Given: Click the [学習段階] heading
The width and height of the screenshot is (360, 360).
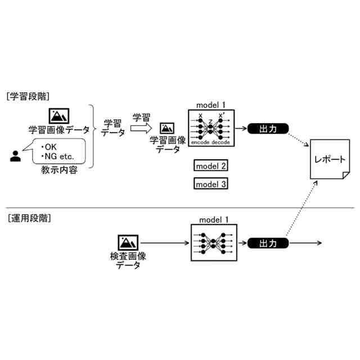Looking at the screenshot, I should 29,96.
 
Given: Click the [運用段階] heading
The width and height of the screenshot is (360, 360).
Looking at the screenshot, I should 29,218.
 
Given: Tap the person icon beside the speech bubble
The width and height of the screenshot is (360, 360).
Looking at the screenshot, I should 16,155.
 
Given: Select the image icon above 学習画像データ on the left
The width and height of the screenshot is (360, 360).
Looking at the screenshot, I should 58,116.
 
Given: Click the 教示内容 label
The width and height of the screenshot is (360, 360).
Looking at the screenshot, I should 59,170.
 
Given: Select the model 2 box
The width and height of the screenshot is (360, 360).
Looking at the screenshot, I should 211,166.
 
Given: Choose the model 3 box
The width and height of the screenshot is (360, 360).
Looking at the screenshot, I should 211,184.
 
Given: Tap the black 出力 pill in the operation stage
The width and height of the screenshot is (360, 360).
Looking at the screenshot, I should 268,243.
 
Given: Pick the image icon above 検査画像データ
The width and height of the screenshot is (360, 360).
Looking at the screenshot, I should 128,242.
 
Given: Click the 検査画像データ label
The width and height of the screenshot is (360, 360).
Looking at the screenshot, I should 128,260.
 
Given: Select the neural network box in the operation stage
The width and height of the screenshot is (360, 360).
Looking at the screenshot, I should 211,243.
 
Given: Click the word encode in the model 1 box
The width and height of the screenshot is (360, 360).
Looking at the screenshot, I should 200,143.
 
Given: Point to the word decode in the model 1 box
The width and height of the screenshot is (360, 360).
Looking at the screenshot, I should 221,143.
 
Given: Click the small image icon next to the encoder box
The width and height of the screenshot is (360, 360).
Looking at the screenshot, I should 166,129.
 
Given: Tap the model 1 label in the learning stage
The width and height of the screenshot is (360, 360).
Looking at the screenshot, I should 211,105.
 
